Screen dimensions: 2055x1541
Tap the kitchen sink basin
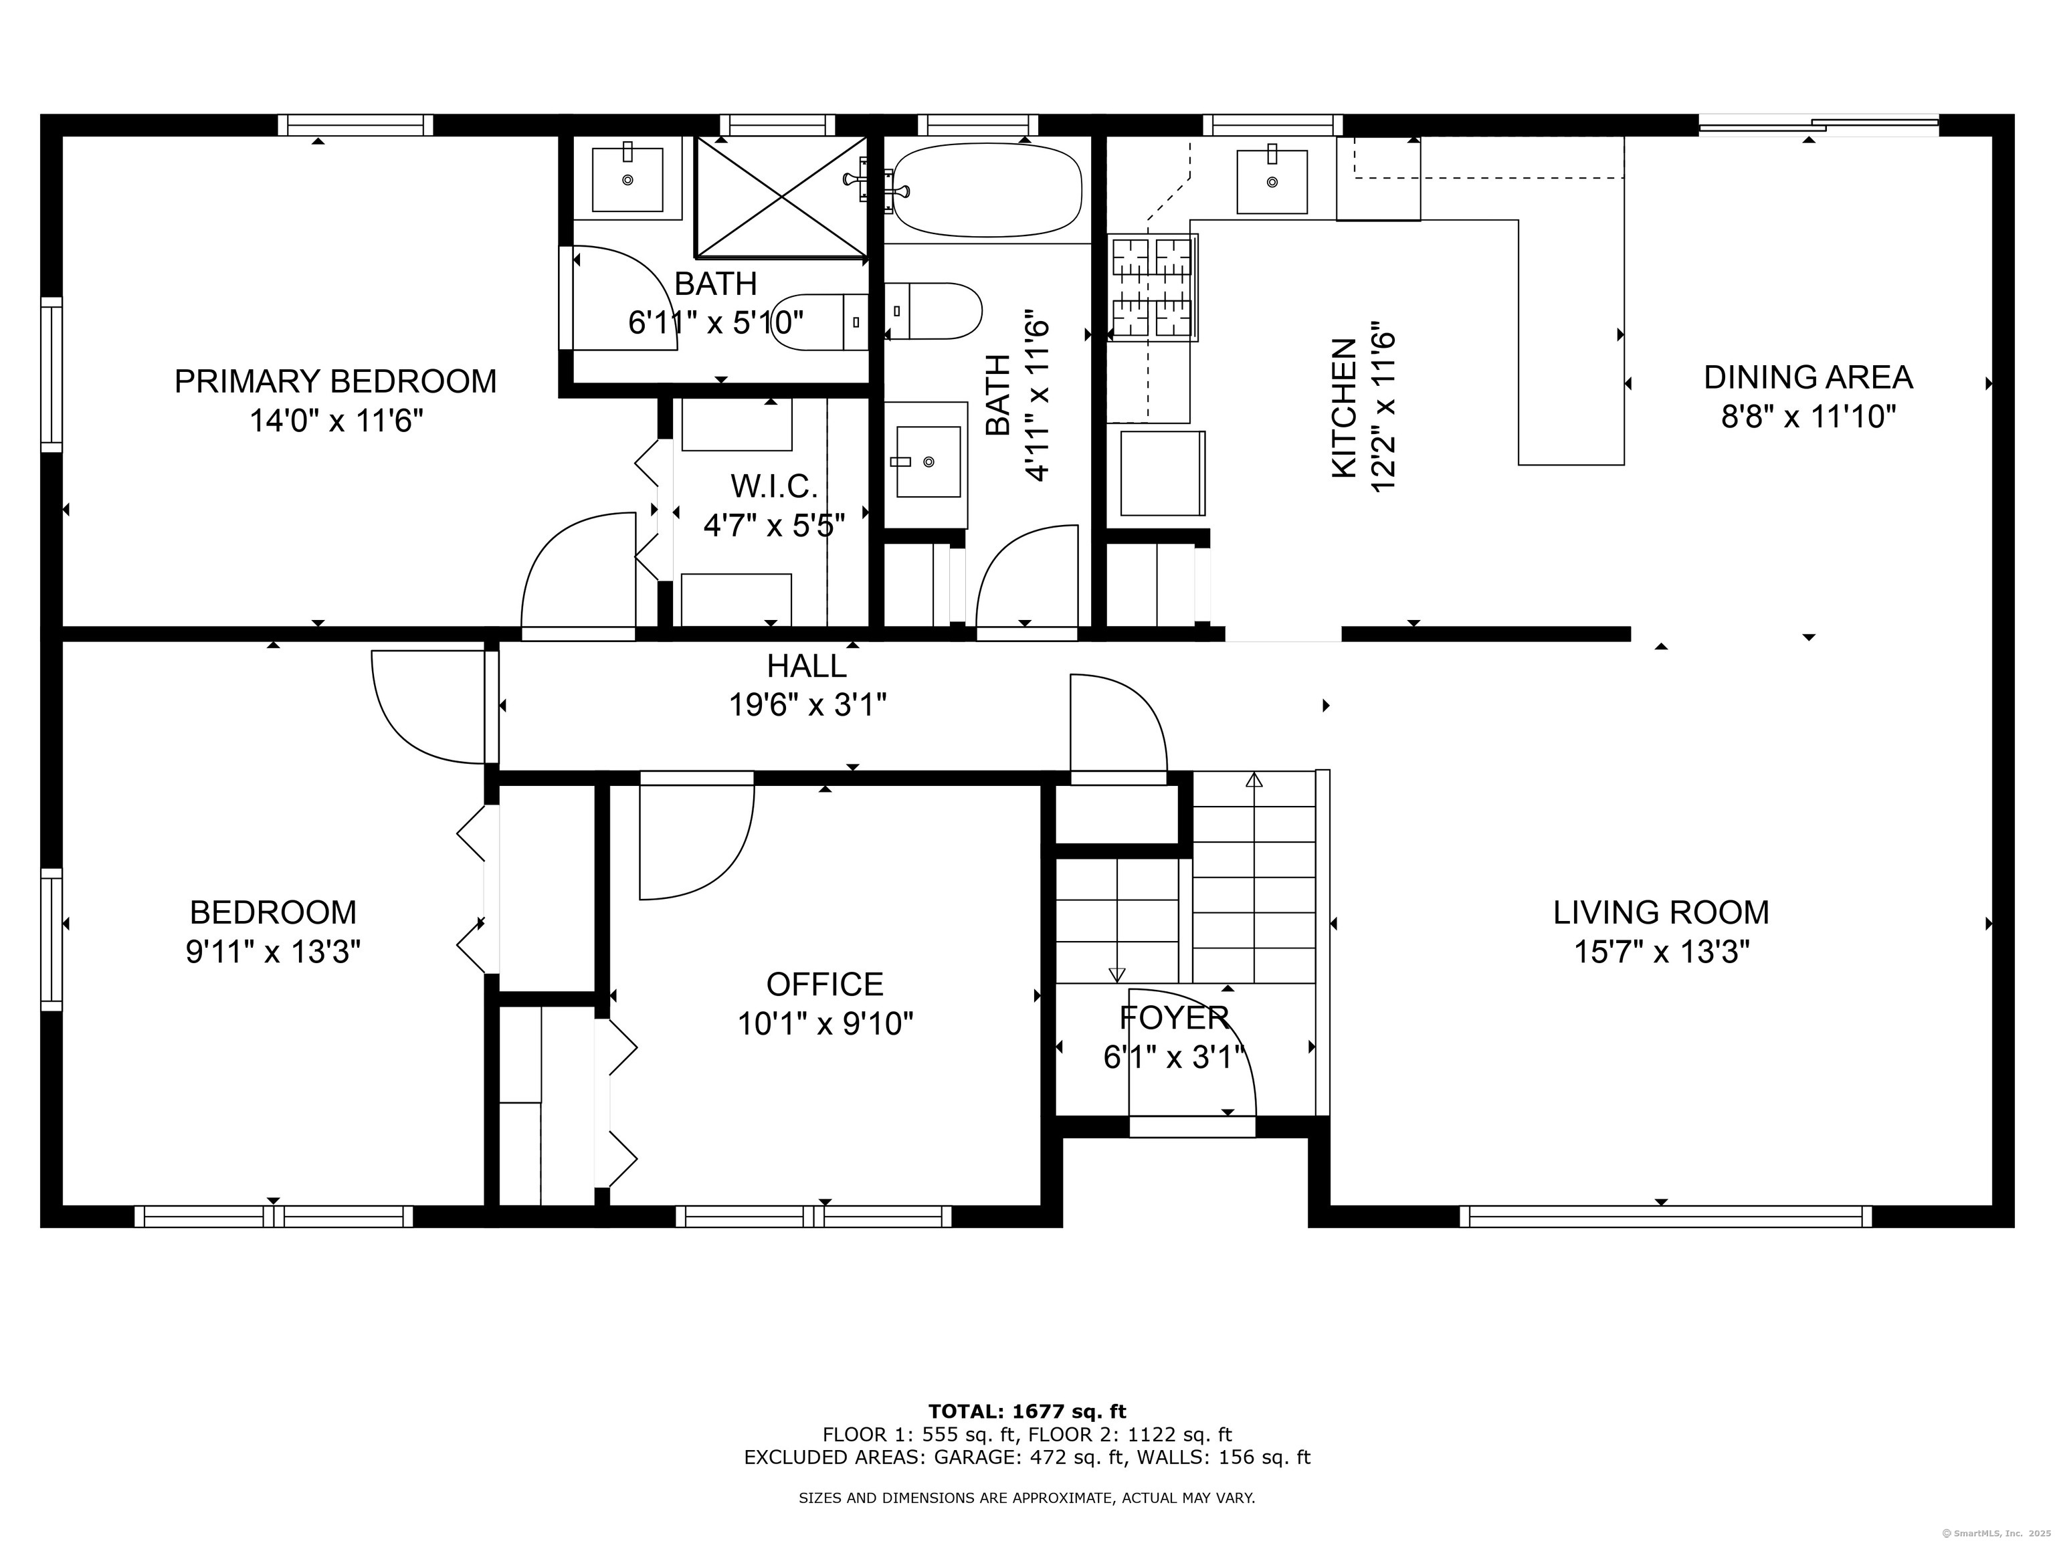pyautogui.click(x=1272, y=181)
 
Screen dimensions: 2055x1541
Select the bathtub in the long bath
pyautogui.click(x=987, y=189)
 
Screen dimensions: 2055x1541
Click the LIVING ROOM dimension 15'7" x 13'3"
pyautogui.click(x=1661, y=952)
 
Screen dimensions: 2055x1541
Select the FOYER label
pyautogui.click(x=1174, y=1018)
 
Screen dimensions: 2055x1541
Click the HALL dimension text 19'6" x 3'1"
pyautogui.click(x=807, y=706)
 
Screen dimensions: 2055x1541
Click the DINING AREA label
pyautogui.click(x=1808, y=377)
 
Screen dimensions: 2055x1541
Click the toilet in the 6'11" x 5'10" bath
pyautogui.click(x=819, y=322)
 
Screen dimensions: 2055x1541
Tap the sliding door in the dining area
pyautogui.click(x=1818, y=125)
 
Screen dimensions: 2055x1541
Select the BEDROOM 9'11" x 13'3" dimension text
pyautogui.click(x=273, y=952)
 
